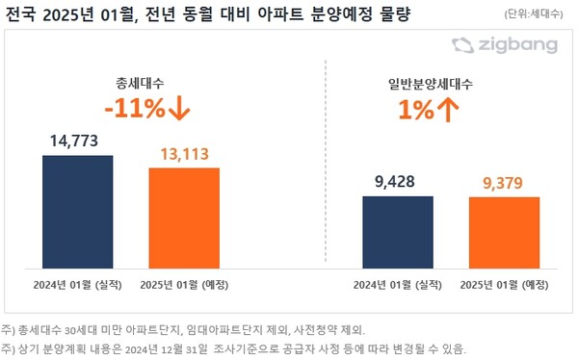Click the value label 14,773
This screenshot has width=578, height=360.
tap(77, 141)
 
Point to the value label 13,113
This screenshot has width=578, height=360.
tap(184, 154)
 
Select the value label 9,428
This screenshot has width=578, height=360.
tap(397, 182)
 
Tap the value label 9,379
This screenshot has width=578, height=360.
tap(504, 183)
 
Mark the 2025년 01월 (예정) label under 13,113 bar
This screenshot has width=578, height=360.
tap(184, 284)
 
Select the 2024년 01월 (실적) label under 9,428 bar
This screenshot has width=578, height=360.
tap(397, 284)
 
